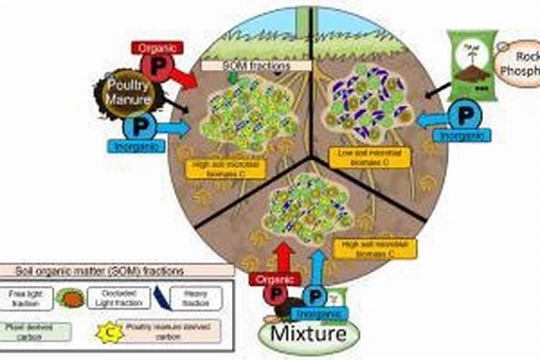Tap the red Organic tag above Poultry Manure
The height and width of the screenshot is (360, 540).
pos(157,48)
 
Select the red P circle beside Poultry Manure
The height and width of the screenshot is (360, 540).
pos(155,66)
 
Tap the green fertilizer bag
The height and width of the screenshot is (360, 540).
pos(472,65)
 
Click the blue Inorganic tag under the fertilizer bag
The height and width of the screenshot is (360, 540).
pos(464,134)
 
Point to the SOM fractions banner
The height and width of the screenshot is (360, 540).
pos(256,66)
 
